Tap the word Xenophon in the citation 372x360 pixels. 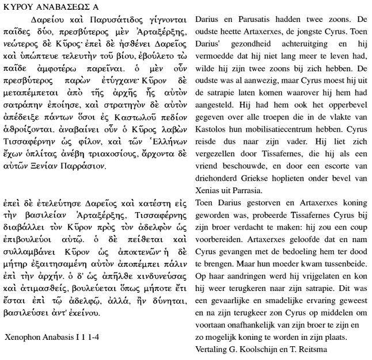click(24, 336)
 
